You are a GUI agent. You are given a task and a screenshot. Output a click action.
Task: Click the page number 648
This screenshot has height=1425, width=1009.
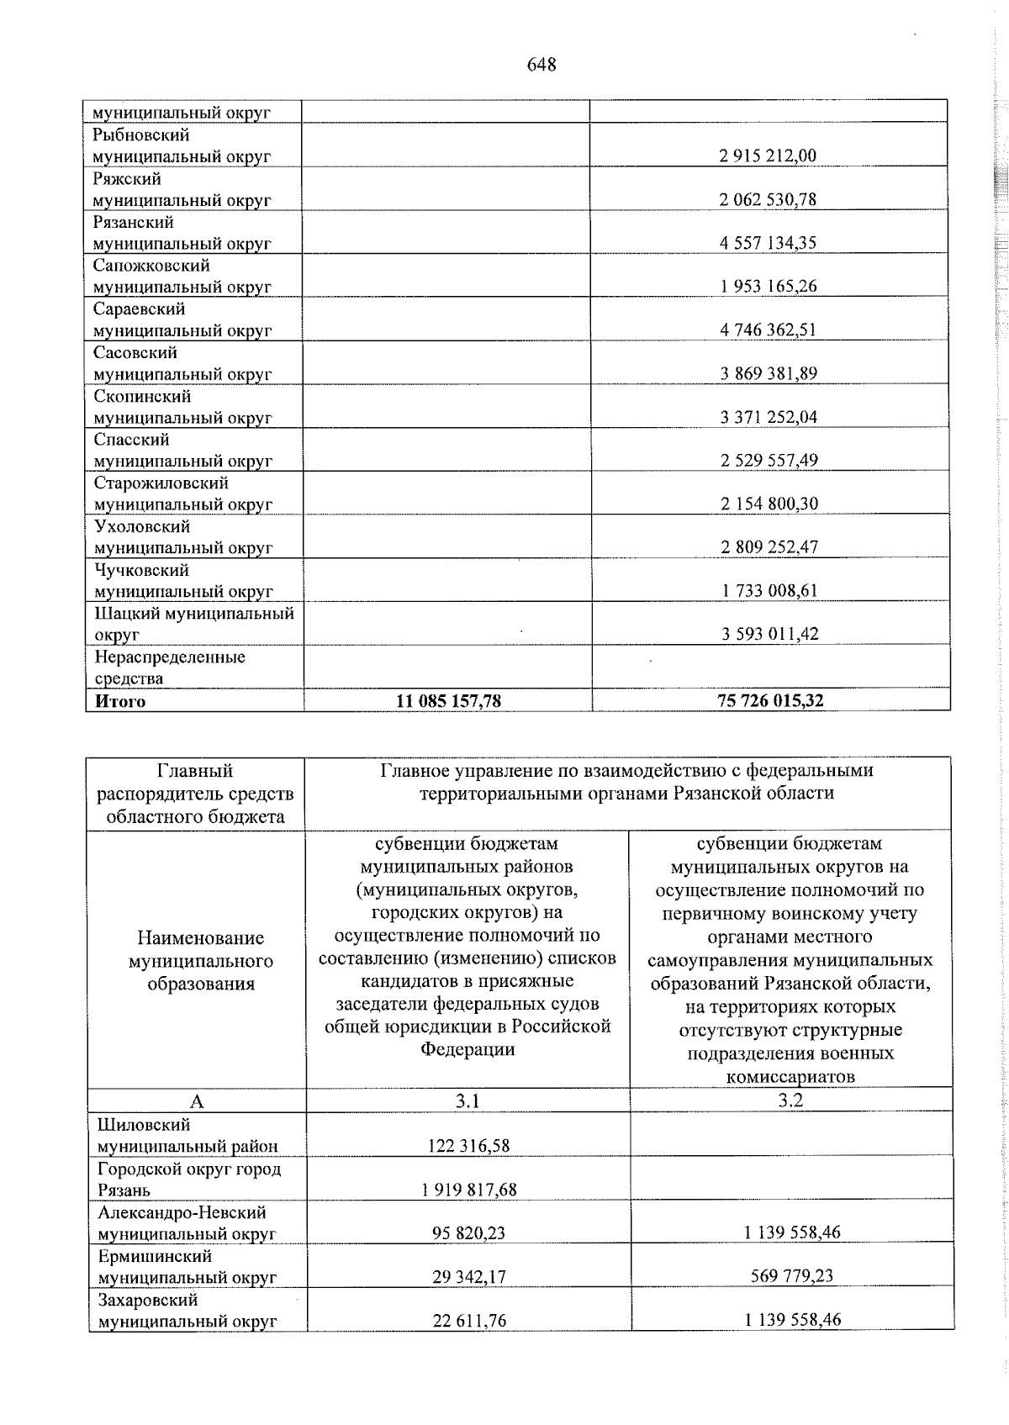click(x=541, y=65)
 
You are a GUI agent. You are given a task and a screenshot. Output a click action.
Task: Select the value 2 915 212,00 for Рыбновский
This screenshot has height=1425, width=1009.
click(x=768, y=156)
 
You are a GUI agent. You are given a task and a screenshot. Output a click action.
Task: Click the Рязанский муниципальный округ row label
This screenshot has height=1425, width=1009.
click(x=182, y=233)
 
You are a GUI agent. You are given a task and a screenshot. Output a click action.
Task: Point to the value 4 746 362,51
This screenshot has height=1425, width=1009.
click(x=768, y=330)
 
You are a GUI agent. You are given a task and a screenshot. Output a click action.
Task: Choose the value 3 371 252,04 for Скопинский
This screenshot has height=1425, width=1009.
click(x=768, y=417)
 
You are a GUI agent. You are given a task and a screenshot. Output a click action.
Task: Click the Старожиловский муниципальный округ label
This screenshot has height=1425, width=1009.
click(x=182, y=493)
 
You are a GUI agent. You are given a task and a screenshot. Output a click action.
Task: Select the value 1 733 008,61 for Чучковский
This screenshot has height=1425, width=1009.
click(x=769, y=591)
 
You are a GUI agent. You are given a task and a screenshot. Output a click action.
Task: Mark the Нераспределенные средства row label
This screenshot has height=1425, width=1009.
click(x=169, y=668)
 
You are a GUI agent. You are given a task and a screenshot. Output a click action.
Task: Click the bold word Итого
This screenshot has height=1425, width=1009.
click(x=120, y=701)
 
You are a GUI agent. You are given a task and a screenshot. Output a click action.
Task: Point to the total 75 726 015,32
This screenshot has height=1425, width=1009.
click(x=770, y=700)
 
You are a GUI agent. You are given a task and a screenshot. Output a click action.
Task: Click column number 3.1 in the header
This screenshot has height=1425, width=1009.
click(x=467, y=1100)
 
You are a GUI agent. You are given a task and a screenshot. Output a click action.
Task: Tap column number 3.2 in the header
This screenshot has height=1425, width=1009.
click(x=790, y=1100)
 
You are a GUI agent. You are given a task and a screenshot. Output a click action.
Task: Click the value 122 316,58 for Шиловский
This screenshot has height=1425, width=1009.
click(x=468, y=1146)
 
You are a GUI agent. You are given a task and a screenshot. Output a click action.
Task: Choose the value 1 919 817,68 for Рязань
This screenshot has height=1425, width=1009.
click(x=468, y=1190)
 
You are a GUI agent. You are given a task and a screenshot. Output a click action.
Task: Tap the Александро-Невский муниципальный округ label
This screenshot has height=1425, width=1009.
click(x=187, y=1223)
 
